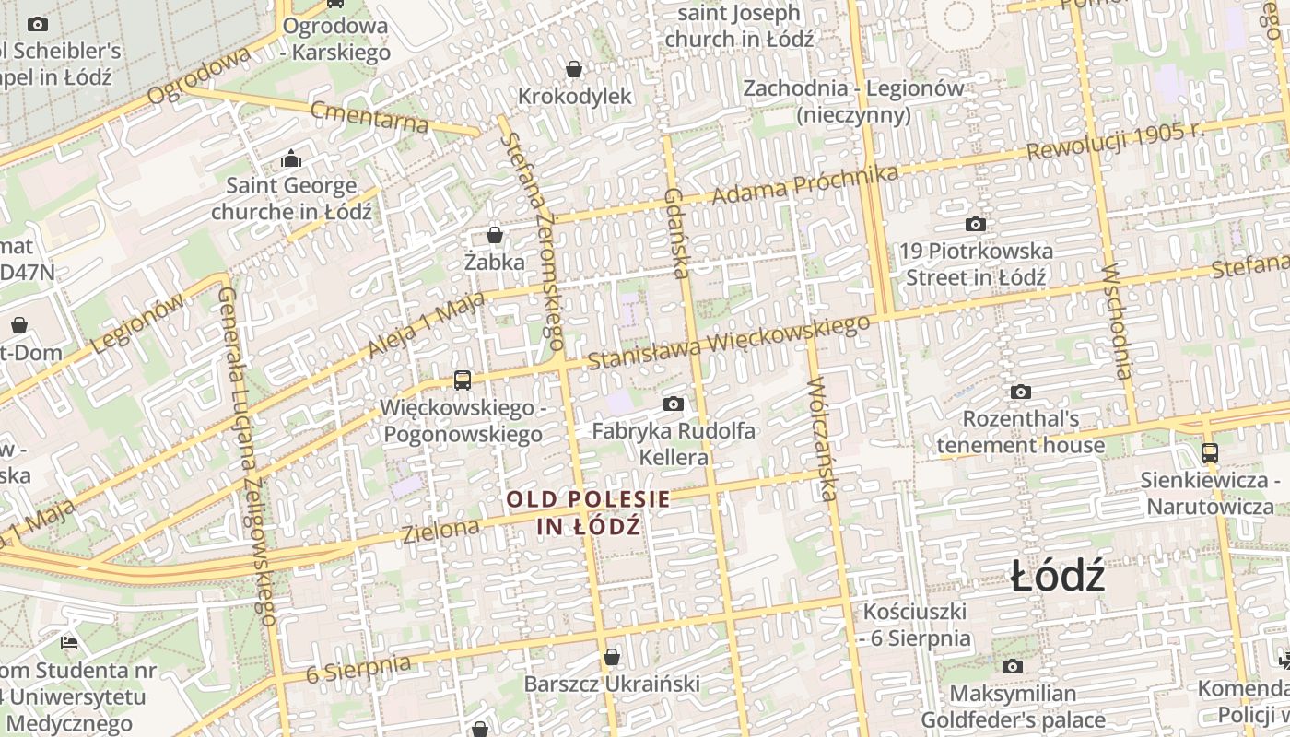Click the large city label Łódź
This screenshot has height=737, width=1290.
(1057, 578)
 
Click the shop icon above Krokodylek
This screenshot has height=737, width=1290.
(574, 69)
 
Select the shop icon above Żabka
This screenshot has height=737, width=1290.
(495, 235)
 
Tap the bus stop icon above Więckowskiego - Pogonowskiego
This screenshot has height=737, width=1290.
(463, 380)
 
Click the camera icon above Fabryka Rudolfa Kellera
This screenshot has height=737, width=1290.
(674, 404)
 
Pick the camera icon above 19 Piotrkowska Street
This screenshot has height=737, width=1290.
(975, 224)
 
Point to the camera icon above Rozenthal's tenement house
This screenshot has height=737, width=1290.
(1020, 392)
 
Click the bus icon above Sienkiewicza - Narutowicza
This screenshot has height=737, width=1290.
(1209, 453)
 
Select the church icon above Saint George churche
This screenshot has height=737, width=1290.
(291, 158)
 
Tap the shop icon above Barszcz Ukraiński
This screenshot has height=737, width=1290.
(612, 657)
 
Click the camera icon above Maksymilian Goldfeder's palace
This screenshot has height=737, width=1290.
(1013, 666)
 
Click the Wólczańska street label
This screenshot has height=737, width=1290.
(822, 439)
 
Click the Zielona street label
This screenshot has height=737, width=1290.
(440, 530)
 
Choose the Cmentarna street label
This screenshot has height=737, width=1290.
(369, 117)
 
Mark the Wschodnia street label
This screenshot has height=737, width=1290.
(1116, 322)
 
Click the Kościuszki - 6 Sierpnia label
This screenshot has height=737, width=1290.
(916, 625)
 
